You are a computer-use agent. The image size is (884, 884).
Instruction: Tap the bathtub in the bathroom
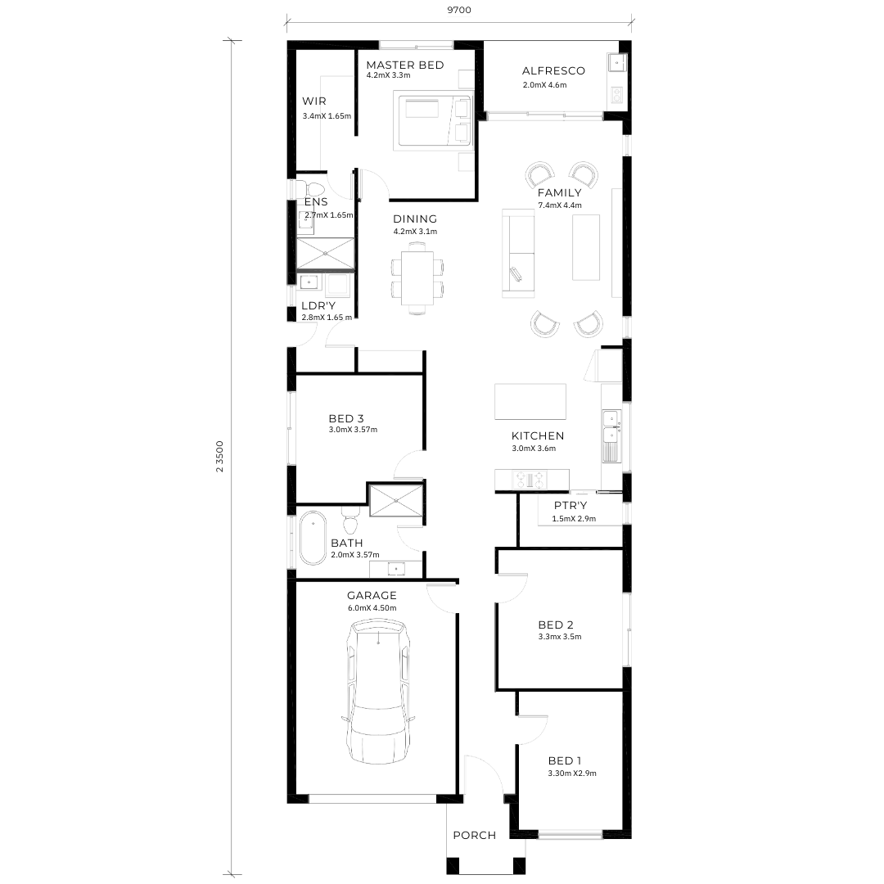tap(313, 538)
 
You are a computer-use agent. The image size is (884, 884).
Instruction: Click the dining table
tap(417, 277)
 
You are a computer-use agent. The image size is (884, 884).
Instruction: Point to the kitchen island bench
tap(530, 401)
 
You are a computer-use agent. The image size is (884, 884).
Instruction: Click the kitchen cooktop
tap(530, 480)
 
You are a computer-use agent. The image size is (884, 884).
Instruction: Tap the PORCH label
tap(475, 835)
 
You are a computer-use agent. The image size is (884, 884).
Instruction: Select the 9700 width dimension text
tap(459, 10)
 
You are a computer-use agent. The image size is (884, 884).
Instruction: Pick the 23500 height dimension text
tap(220, 456)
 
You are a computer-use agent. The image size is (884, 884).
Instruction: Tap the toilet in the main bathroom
tap(350, 520)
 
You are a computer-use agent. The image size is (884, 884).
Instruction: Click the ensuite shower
tap(325, 254)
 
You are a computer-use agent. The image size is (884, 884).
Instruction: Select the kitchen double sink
tap(611, 427)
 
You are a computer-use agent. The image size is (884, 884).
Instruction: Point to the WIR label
tap(314, 101)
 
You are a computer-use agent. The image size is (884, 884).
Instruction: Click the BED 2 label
tap(556, 625)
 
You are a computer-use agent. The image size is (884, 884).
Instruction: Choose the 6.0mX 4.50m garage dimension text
tap(372, 607)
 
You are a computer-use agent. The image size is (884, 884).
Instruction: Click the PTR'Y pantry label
tap(571, 505)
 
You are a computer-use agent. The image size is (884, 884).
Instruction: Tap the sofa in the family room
tap(518, 253)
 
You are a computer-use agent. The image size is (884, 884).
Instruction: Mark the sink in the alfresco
tap(616, 63)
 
